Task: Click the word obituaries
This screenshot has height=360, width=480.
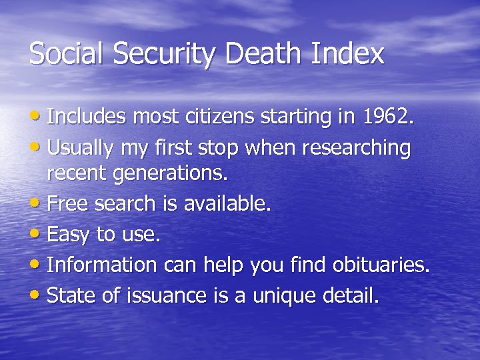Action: pyautogui.click(x=383, y=265)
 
